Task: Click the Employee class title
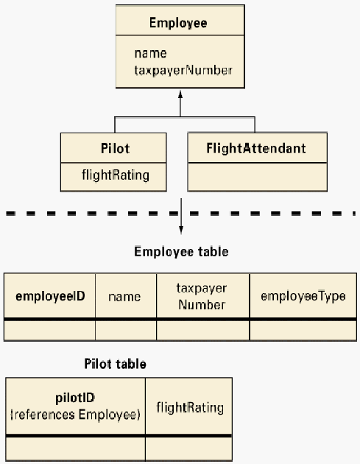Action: [x=178, y=23]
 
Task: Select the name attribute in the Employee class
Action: [x=151, y=54]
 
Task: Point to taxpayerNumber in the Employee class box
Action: [x=183, y=71]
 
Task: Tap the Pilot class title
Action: [x=115, y=148]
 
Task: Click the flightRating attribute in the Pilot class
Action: [x=116, y=175]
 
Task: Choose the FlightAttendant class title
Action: [x=256, y=148]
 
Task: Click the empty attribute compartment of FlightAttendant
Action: [x=258, y=177]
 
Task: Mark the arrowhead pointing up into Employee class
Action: [x=180, y=94]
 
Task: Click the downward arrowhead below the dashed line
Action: [x=181, y=231]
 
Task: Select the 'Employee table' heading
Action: [x=181, y=252]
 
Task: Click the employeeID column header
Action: [x=50, y=296]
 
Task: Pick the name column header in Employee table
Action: [x=124, y=297]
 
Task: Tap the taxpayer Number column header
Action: [x=202, y=297]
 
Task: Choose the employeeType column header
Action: [x=303, y=297]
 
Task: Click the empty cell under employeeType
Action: [x=303, y=331]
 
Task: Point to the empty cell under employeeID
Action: [x=50, y=331]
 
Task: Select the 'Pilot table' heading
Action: [x=116, y=364]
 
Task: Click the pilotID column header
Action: [x=75, y=407]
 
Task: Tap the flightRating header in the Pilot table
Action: [x=190, y=408]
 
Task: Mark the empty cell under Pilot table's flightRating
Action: [x=188, y=449]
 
